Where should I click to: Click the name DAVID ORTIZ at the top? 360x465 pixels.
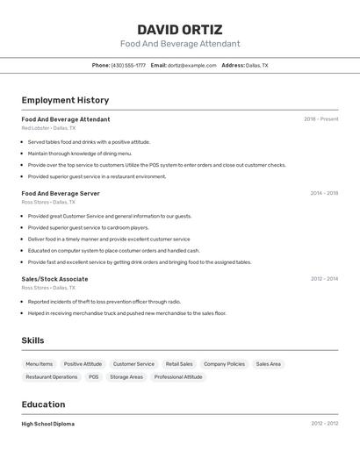pos(179,29)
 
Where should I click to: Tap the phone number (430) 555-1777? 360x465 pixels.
pos(128,66)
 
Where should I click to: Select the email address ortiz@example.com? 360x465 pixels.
pos(192,66)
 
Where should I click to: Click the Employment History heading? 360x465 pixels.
pos(65,100)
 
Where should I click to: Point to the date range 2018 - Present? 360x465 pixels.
pos(320,119)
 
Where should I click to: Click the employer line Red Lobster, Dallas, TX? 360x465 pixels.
pos(48,128)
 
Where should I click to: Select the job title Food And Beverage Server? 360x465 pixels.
pos(61,193)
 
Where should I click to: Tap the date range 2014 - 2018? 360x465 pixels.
pos(323,193)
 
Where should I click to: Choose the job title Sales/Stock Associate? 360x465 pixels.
pos(54,279)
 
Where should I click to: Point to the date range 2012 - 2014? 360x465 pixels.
pos(323,279)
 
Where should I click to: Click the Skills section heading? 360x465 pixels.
pos(32,340)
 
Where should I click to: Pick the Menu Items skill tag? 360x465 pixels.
pos(39,364)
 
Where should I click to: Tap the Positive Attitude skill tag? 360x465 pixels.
pos(83,364)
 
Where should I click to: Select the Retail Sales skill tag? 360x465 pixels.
pos(179,364)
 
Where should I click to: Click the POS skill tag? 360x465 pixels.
pos(93,377)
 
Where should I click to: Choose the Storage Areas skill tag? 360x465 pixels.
pos(126,377)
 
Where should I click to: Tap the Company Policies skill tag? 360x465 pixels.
pos(224,364)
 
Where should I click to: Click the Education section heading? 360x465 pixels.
pos(43,404)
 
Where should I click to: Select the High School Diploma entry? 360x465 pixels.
pos(48,424)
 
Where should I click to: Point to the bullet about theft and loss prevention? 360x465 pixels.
pos(104,301)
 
